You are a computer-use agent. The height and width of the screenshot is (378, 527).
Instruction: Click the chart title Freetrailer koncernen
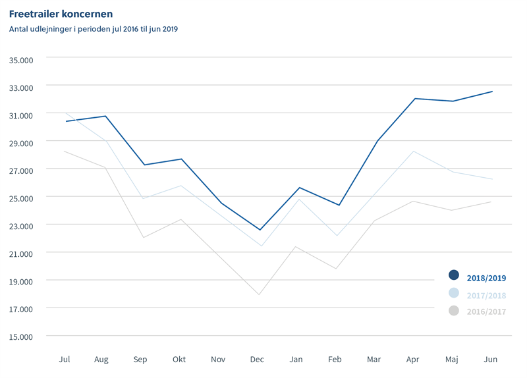pos(61,14)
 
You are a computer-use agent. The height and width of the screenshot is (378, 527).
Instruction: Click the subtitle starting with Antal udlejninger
pos(94,29)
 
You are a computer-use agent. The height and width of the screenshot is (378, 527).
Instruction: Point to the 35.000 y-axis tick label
pos(22,59)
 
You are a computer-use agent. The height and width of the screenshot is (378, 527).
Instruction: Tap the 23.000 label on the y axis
pos(22,225)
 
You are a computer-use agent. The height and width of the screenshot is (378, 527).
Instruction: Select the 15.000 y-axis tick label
pos(22,337)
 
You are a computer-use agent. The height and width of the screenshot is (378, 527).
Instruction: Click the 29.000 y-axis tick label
pos(22,142)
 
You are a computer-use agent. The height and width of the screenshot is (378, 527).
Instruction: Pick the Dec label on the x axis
pos(257,360)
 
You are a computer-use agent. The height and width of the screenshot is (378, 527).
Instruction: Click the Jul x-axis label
pos(65,360)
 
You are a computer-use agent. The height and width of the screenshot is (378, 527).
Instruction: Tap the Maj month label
pos(452,360)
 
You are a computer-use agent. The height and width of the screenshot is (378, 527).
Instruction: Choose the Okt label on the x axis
pos(179,360)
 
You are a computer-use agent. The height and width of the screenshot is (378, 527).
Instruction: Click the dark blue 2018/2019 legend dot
pos(453,275)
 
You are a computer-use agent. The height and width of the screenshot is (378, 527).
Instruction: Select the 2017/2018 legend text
pos(486,295)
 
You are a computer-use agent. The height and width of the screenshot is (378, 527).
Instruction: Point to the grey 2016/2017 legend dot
pos(453,310)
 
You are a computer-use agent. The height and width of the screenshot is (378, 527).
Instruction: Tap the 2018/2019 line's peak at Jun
pos(492,92)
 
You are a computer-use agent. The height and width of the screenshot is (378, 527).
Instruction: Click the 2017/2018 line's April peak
pos(413,151)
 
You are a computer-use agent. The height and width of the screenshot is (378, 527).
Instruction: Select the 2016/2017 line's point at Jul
pos(65,151)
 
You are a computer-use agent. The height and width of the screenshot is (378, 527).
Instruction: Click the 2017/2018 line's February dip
pos(337,236)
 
